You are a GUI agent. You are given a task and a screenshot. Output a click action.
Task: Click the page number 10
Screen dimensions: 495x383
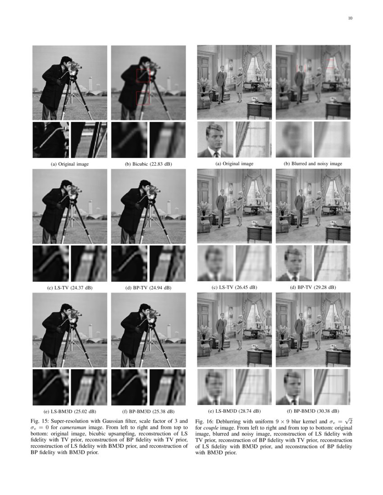click(350, 18)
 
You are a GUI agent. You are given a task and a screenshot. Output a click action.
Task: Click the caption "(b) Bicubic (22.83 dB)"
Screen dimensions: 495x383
click(148, 164)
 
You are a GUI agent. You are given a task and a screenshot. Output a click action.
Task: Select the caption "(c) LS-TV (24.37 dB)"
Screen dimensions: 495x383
click(70, 287)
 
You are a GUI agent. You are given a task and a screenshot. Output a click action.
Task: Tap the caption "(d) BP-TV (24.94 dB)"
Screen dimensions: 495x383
click(148, 287)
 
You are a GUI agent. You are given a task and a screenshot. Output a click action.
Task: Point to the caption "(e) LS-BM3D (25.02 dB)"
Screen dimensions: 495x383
click(70, 411)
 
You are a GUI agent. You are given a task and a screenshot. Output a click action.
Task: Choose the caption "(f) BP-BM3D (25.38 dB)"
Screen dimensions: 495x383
click(148, 411)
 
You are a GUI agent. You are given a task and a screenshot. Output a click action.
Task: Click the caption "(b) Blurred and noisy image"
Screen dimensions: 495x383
click(313, 164)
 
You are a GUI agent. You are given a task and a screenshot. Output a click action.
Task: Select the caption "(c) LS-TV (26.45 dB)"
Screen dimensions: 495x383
click(234, 287)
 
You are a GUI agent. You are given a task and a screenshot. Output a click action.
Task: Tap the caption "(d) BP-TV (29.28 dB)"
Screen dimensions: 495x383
click(313, 287)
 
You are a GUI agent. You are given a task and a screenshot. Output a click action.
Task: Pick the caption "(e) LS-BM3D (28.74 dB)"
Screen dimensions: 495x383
click(234, 411)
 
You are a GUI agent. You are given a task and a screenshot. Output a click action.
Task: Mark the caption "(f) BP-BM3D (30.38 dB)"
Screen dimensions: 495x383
click(313, 411)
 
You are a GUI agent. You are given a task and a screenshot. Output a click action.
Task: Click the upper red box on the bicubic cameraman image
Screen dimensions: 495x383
click(143, 75)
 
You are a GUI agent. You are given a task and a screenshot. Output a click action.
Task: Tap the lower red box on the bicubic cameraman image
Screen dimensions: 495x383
click(143, 98)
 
